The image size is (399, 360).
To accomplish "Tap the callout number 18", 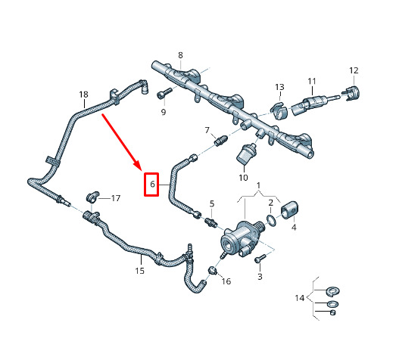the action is pyautogui.click(x=83, y=95).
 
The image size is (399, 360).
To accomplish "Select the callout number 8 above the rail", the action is pyautogui.click(x=180, y=55).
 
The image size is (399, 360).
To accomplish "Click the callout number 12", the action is pyautogui.click(x=354, y=70).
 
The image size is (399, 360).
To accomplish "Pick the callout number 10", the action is pyautogui.click(x=243, y=178).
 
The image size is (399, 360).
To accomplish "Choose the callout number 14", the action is pyautogui.click(x=300, y=298).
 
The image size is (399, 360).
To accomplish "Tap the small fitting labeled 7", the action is pyautogui.click(x=220, y=141).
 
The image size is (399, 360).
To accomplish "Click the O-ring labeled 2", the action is pyautogui.click(x=271, y=220).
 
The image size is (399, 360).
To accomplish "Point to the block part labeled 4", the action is pyautogui.click(x=289, y=209).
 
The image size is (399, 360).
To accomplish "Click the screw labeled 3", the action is pyautogui.click(x=260, y=259).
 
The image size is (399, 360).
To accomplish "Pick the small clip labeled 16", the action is pyautogui.click(x=213, y=271).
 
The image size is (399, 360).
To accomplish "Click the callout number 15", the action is pyautogui.click(x=140, y=271).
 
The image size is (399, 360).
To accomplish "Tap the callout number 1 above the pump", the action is pyautogui.click(x=258, y=185).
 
